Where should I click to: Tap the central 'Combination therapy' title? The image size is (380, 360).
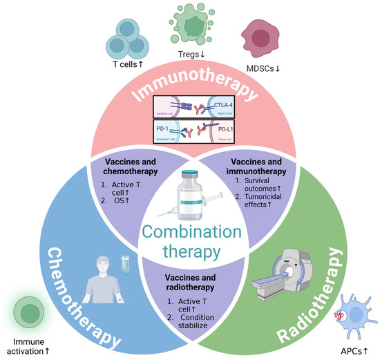191,238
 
